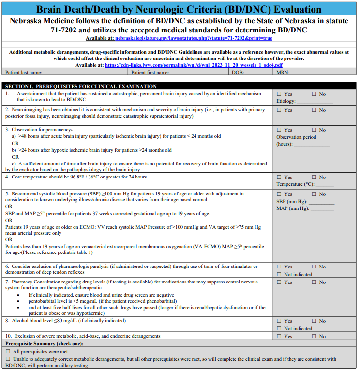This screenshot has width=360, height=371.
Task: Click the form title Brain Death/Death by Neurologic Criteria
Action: click(x=179, y=9)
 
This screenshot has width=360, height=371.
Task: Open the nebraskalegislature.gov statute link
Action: click(x=193, y=38)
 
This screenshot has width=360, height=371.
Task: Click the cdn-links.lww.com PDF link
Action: click(x=194, y=65)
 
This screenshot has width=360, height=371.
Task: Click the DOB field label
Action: click(x=237, y=72)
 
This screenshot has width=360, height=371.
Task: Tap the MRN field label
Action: click(x=283, y=72)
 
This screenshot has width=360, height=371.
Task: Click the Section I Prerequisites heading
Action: click(x=81, y=86)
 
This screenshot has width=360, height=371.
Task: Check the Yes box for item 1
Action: click(x=279, y=94)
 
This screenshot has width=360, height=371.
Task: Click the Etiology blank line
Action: click(x=315, y=102)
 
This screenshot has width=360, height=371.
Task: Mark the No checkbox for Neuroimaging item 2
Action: click(x=315, y=110)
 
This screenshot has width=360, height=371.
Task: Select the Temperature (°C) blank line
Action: click(x=325, y=184)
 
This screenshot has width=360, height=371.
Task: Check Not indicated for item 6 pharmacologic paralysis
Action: click(x=279, y=275)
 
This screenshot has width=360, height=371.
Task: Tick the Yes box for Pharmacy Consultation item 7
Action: click(x=279, y=282)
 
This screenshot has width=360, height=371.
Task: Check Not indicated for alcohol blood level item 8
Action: click(x=279, y=329)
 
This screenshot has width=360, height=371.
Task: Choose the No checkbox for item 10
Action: click(x=315, y=337)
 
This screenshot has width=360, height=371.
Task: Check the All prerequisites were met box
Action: click(x=8, y=351)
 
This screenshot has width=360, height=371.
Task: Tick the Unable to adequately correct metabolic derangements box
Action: click(x=8, y=359)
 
